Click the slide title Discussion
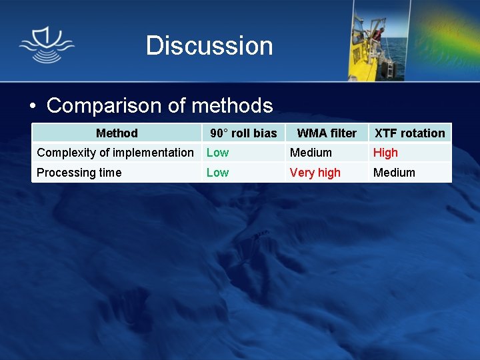(x=209, y=46)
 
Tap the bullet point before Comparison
(x=32, y=107)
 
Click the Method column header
(x=117, y=133)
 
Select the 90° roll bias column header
(x=243, y=133)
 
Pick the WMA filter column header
(x=327, y=133)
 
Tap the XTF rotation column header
(x=409, y=133)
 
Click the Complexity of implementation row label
(x=115, y=153)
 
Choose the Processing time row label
(x=79, y=173)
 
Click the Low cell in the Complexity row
(x=217, y=153)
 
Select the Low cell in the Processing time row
(x=217, y=173)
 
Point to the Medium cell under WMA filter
(x=311, y=153)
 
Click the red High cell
(x=385, y=153)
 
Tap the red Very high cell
(x=315, y=173)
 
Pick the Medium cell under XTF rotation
(x=394, y=173)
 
